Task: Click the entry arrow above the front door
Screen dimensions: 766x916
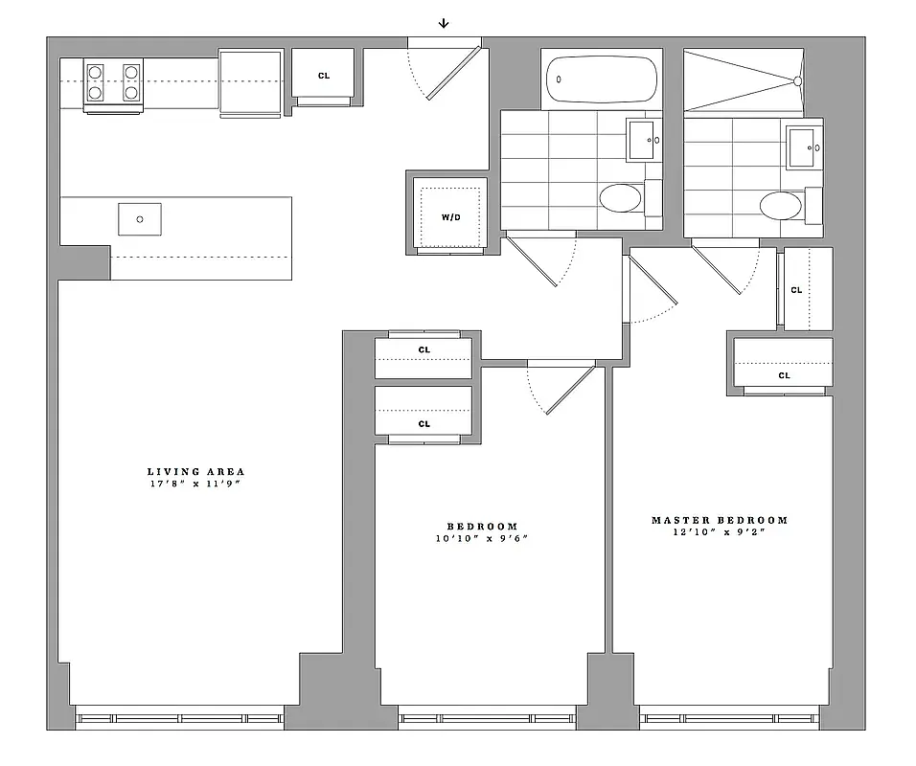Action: tap(444, 24)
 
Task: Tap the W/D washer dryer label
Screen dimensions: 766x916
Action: tap(450, 217)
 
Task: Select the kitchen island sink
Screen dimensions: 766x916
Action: tap(140, 218)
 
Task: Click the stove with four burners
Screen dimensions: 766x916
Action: tap(113, 83)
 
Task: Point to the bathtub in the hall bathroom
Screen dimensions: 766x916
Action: tap(602, 81)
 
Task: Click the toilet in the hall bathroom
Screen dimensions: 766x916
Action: tap(621, 199)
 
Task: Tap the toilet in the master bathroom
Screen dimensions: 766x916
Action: tap(781, 205)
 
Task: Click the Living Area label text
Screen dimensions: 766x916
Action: tap(195, 471)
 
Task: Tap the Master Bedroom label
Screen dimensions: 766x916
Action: tap(720, 520)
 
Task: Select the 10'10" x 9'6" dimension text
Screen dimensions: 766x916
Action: tap(482, 538)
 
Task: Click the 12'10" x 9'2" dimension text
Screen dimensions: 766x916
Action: tap(720, 532)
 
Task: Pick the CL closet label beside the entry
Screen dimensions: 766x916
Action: tap(324, 75)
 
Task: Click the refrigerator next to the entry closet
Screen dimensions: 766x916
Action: tap(251, 83)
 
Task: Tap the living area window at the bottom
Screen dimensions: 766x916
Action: tap(179, 717)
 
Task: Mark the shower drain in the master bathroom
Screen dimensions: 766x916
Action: tap(795, 81)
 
